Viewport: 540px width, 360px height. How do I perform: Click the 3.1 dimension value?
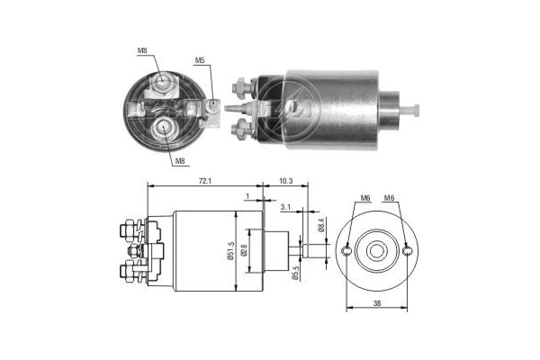(284, 207)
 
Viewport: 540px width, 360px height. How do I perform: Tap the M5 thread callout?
(200, 61)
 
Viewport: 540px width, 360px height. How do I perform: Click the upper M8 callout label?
(142, 50)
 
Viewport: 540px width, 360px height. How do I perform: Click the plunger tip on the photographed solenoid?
(415, 111)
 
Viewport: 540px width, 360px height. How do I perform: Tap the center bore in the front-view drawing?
(377, 250)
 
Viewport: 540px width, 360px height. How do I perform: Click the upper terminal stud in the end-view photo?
(162, 84)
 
